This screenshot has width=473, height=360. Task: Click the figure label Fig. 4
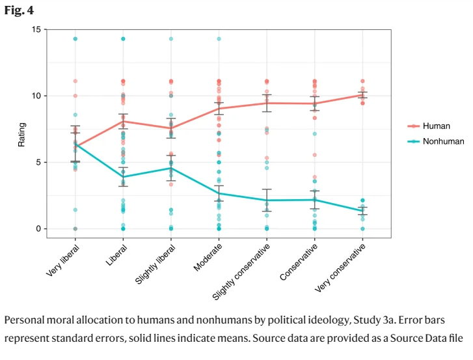(x=19, y=11)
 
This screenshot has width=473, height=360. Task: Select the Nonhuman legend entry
(x=442, y=141)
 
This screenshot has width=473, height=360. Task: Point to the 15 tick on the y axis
(x=36, y=29)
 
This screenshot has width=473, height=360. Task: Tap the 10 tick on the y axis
(x=36, y=96)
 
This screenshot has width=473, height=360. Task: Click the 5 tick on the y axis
(x=38, y=162)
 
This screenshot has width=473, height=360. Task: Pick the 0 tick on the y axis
(x=38, y=228)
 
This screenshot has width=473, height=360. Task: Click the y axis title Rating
(x=21, y=133)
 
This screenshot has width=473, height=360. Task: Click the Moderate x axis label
(x=208, y=256)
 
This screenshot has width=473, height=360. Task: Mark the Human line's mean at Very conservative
(x=362, y=94)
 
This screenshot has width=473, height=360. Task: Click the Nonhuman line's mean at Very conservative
(x=362, y=211)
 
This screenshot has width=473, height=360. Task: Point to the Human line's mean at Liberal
(x=123, y=121)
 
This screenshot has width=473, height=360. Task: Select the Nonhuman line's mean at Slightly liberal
(x=171, y=168)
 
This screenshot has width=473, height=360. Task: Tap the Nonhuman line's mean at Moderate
(x=219, y=193)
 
